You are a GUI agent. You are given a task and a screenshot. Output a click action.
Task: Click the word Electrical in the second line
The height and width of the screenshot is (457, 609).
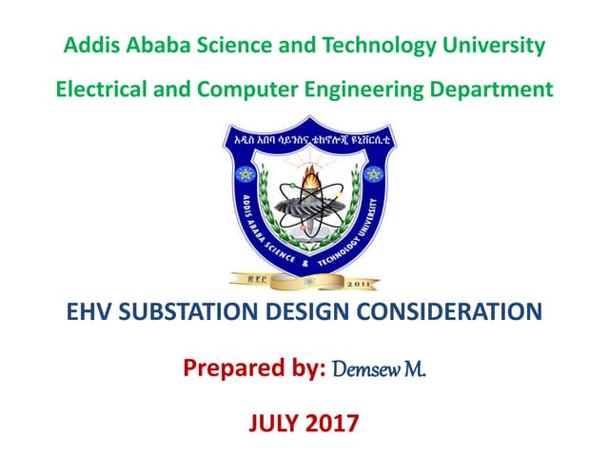click(102, 89)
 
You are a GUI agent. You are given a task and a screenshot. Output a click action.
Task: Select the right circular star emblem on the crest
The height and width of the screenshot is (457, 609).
click(372, 174)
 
